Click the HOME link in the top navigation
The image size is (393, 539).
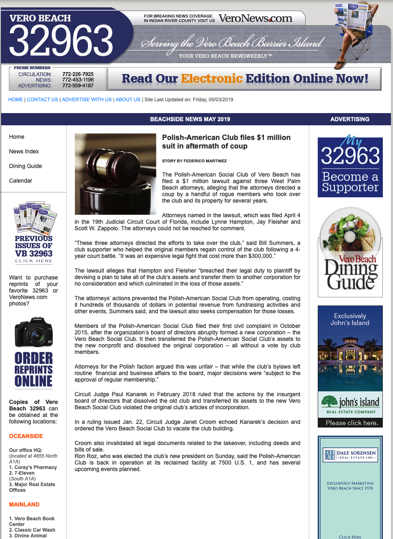point(15,100)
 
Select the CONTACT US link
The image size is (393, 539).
point(42,100)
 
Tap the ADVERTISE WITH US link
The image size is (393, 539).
point(87,100)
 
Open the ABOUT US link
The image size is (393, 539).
point(128,100)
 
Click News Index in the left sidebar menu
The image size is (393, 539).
point(24,151)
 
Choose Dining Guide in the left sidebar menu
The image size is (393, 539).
point(26,166)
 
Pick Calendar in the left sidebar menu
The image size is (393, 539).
point(21,181)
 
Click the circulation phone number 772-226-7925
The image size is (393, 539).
point(78,74)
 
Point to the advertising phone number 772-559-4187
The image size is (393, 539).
point(78,85)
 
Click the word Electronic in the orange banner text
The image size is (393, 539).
point(212,79)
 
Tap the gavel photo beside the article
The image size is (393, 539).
point(116,174)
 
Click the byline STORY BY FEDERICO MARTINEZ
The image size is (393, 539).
point(194,161)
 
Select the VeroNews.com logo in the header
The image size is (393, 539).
point(255,18)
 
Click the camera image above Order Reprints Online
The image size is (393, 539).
point(34,332)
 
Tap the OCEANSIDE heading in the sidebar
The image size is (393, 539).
point(26,436)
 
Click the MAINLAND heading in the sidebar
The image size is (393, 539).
point(24,504)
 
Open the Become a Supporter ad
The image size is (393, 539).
point(350,168)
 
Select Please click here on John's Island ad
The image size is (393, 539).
point(352,423)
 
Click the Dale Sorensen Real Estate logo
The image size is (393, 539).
point(350,455)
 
